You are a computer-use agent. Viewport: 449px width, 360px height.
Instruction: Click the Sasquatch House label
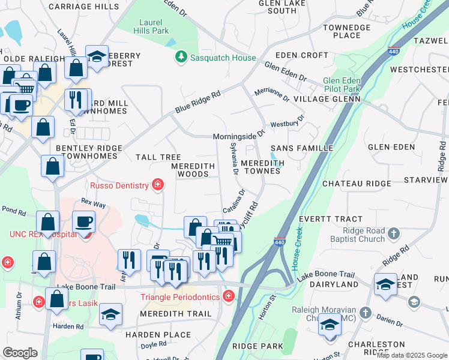pos(223,58)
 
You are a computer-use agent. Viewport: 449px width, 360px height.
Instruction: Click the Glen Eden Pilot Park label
pos(350,85)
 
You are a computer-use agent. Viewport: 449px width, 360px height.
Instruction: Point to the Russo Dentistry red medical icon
pos(158,185)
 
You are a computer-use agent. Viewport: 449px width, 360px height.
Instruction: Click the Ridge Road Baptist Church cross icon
pos(393,234)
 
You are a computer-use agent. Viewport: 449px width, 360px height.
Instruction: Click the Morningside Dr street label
pos(239,136)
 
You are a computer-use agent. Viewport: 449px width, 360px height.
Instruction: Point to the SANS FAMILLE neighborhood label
pos(301,148)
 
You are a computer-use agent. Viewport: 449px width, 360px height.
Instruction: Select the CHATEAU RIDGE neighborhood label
pos(352,184)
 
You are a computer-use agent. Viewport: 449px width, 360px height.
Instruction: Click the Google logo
pos(20,353)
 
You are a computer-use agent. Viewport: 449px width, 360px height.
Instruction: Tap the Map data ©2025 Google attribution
pos(411,355)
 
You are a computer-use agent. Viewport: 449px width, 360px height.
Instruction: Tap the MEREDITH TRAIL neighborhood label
pos(176,314)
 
